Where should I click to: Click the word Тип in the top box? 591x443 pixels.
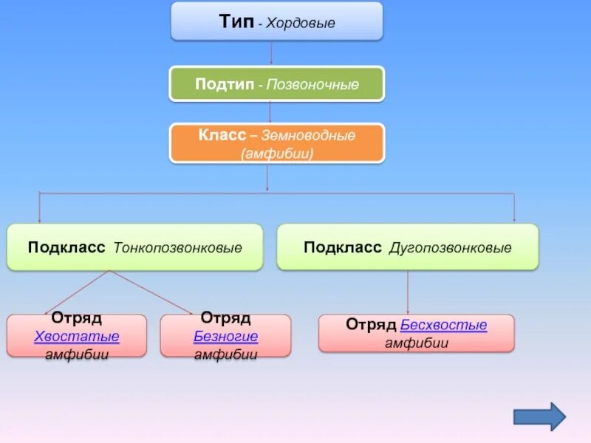tap(236, 21)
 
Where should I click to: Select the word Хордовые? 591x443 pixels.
tap(301, 24)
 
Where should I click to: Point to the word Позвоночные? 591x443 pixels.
tap(313, 85)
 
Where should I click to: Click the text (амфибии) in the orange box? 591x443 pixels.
tap(277, 154)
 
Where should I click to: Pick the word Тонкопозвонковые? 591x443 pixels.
tap(178, 247)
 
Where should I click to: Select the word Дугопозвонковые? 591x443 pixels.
tap(451, 247)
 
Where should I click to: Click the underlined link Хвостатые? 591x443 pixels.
tap(77, 337)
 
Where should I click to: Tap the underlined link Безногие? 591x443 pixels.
tap(225, 337)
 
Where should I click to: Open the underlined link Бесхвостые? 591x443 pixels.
tap(443, 326)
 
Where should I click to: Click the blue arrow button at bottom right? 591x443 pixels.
tap(539, 416)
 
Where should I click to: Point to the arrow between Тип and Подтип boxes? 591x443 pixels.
tap(271, 53)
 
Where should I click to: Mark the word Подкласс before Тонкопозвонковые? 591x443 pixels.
tap(67, 247)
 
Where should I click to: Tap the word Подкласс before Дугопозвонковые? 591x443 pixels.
tap(343, 247)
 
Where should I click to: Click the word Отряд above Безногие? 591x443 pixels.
tap(225, 319)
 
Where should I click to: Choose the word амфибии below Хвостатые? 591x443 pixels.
tap(77, 354)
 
